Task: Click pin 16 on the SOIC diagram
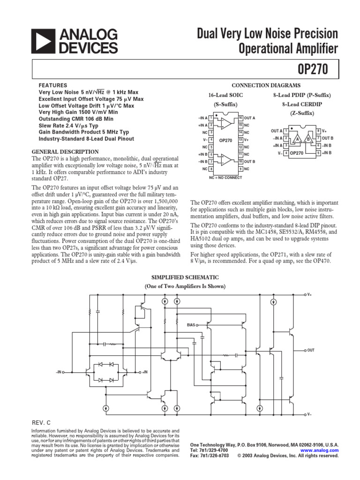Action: [x=240, y=117]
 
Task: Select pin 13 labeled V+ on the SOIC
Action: [x=240, y=140]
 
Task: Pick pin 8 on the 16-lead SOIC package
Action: [x=211, y=168]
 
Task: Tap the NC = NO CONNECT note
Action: [x=225, y=178]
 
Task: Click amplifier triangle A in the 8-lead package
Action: [x=297, y=139]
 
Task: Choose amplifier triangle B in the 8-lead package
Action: [x=308, y=139]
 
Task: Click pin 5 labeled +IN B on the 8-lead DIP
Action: [x=318, y=153]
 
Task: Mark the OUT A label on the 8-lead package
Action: [x=277, y=131]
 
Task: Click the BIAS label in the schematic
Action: [x=191, y=324]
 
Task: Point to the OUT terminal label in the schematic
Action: [x=311, y=350]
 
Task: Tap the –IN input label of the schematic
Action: [x=59, y=372]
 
